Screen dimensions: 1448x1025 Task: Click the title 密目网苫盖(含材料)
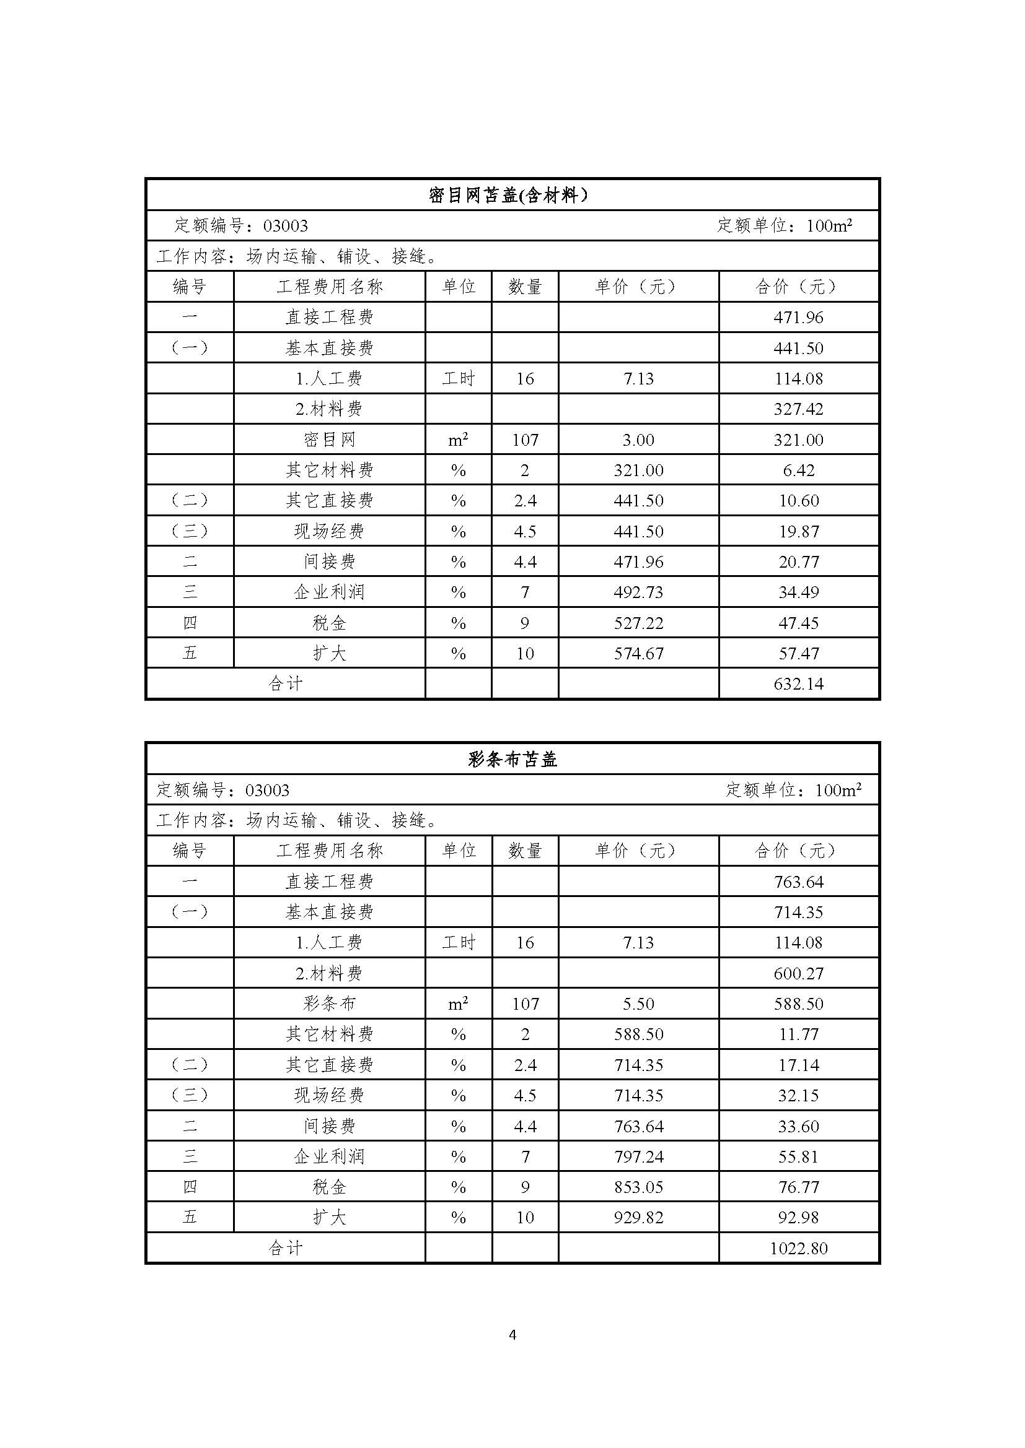pyautogui.click(x=508, y=195)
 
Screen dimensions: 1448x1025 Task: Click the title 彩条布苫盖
pyautogui.click(x=512, y=760)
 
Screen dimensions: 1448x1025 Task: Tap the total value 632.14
pyautogui.click(x=798, y=684)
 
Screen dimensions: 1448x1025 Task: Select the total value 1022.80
pyautogui.click(x=798, y=1249)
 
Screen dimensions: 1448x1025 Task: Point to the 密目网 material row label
pyautogui.click(x=330, y=440)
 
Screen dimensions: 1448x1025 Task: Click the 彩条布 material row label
pyautogui.click(x=330, y=1004)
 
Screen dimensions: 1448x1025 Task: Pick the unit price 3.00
pyautogui.click(x=638, y=440)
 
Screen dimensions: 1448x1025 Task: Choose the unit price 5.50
pyautogui.click(x=638, y=1004)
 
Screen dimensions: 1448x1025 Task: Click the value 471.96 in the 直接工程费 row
pyautogui.click(x=798, y=317)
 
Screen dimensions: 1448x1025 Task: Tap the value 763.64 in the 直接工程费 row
pyautogui.click(x=798, y=882)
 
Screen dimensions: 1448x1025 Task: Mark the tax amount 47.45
pyautogui.click(x=798, y=623)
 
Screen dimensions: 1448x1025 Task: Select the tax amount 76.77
pyautogui.click(x=798, y=1187)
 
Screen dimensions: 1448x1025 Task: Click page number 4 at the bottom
pyautogui.click(x=512, y=1335)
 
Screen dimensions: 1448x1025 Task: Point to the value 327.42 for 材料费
pyautogui.click(x=798, y=409)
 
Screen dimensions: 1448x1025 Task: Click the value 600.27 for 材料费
pyautogui.click(x=798, y=974)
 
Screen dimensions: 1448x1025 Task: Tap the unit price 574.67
pyautogui.click(x=638, y=653)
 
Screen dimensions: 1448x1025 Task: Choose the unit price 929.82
pyautogui.click(x=638, y=1218)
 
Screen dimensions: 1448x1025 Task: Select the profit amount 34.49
pyautogui.click(x=798, y=592)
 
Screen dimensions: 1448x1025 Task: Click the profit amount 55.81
pyautogui.click(x=798, y=1156)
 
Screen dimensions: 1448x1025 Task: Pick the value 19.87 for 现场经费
pyautogui.click(x=798, y=532)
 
